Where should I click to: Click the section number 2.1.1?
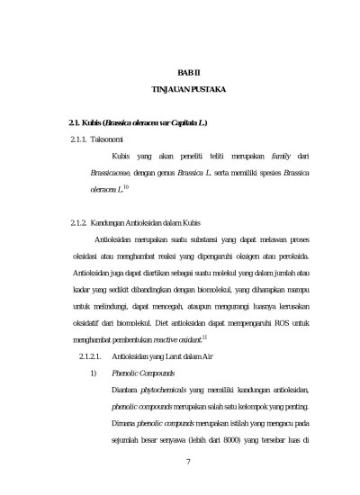[x=80, y=140]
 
